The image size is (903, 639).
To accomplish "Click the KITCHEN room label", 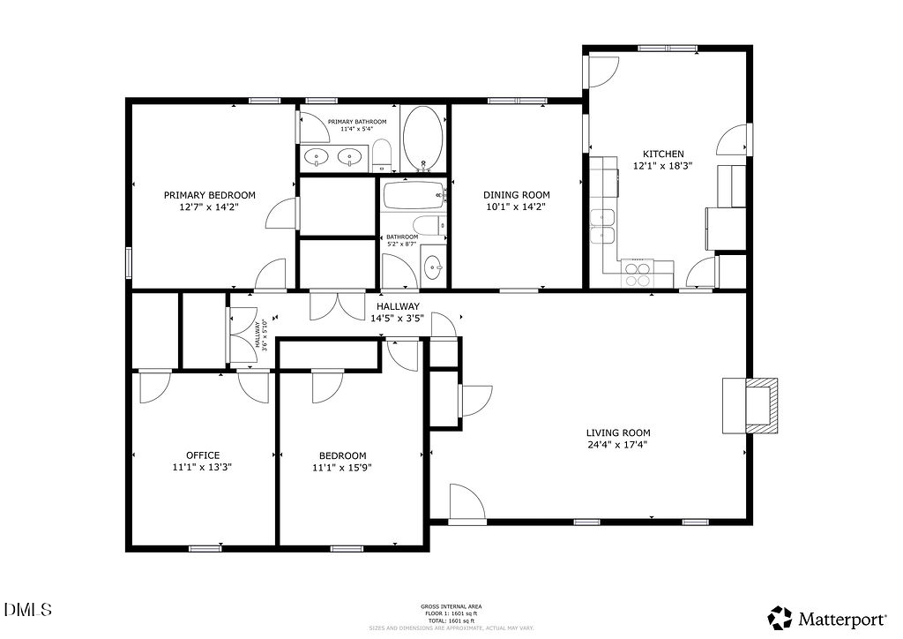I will [662, 154].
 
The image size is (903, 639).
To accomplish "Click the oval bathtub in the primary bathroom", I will [423, 139].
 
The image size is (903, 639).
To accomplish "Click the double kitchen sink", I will [603, 225].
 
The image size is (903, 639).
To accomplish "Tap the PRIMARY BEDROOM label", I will [209, 195].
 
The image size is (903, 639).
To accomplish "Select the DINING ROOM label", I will [516, 195].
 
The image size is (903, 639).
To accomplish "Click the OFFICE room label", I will [203, 455].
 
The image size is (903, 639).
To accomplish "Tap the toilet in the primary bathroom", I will [382, 155].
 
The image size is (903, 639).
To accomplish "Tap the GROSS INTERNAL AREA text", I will [451, 606].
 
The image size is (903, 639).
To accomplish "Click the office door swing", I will [154, 387].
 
